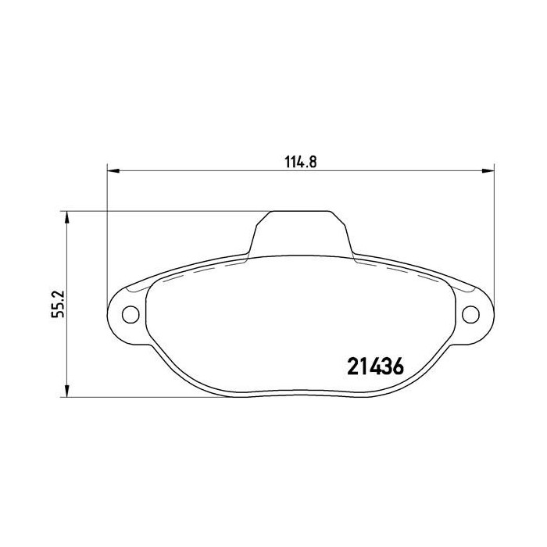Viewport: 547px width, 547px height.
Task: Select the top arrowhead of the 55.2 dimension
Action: [67, 217]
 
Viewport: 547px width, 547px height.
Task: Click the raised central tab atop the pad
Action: [301, 231]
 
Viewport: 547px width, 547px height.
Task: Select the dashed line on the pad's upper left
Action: [195, 270]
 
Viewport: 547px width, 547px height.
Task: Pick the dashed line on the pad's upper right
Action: [406, 270]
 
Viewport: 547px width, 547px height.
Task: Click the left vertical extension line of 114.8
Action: [106, 234]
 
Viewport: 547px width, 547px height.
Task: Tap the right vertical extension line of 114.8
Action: [495, 234]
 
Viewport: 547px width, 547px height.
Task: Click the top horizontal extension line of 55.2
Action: [156, 211]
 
